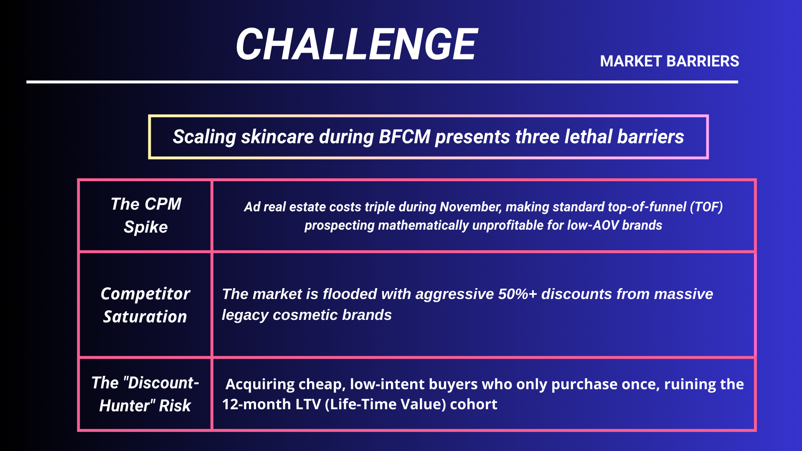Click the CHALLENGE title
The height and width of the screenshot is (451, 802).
pyautogui.click(x=357, y=44)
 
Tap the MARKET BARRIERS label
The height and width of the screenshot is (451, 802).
pyautogui.click(x=670, y=61)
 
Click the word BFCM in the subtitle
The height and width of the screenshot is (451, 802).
pyautogui.click(x=404, y=137)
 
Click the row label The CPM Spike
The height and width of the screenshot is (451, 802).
pyautogui.click(x=146, y=215)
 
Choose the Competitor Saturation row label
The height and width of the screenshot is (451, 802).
pyautogui.click(x=145, y=305)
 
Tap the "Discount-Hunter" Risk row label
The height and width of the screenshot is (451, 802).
pyautogui.click(x=145, y=394)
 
